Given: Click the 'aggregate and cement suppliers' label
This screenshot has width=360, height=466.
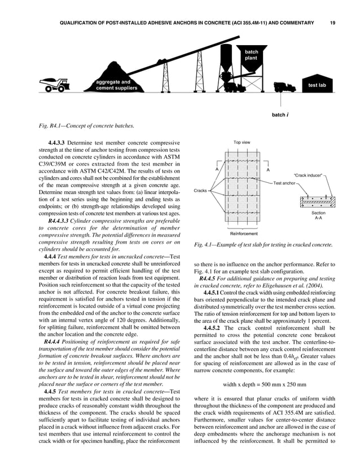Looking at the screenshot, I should pyautogui.click(x=116, y=85).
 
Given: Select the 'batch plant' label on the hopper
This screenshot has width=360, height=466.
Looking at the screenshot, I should pyautogui.click(x=251, y=55).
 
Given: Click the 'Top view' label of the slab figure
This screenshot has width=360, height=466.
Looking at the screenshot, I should pyautogui.click(x=242, y=143).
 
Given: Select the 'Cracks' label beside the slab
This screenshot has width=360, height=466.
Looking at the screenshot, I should pyautogui.click(x=200, y=191).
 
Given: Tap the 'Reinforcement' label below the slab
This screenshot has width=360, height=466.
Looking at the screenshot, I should pyautogui.click(x=244, y=233).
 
